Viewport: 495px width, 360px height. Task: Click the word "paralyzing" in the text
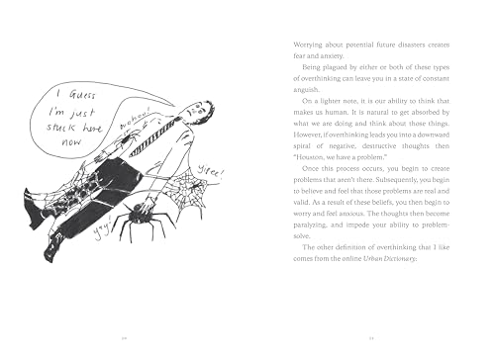(x=316, y=250)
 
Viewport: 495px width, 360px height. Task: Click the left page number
(x=125, y=335)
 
